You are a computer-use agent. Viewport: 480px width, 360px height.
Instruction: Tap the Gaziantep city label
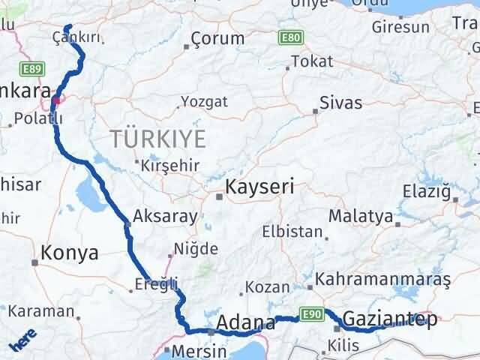(389, 319)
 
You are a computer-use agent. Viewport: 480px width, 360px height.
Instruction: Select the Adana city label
(245, 323)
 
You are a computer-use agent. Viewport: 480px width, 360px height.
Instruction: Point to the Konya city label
(70, 253)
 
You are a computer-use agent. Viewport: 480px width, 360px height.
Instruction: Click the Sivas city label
(340, 103)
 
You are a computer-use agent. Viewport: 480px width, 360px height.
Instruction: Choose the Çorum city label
(217, 38)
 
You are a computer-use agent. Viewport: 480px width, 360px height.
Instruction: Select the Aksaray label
(165, 217)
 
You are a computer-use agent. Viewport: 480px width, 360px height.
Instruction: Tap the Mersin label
(199, 350)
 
